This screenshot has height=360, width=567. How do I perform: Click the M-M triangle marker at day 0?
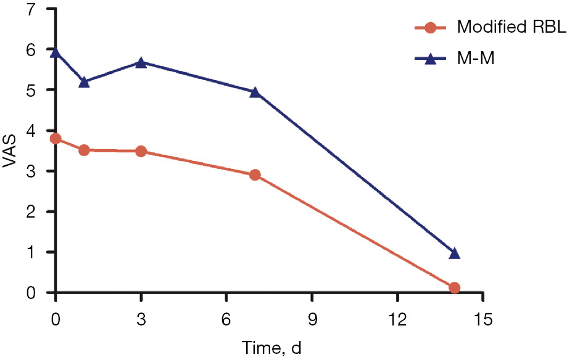tap(56, 52)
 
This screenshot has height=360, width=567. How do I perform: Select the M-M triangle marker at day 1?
tap(85, 82)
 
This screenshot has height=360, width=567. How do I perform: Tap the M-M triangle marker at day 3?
tap(141, 62)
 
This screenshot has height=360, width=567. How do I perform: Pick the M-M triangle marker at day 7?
tap(255, 92)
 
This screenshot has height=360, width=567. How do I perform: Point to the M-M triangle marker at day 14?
tap(455, 253)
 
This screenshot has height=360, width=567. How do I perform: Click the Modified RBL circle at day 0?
tap(56, 139)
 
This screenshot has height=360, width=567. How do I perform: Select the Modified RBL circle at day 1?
tap(85, 150)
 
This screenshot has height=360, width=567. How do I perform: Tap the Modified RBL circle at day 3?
tap(141, 151)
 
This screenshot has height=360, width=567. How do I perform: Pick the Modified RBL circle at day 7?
tap(255, 175)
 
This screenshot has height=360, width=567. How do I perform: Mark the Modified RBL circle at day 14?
tap(455, 287)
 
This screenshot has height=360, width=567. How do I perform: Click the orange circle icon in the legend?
tap(431, 28)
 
